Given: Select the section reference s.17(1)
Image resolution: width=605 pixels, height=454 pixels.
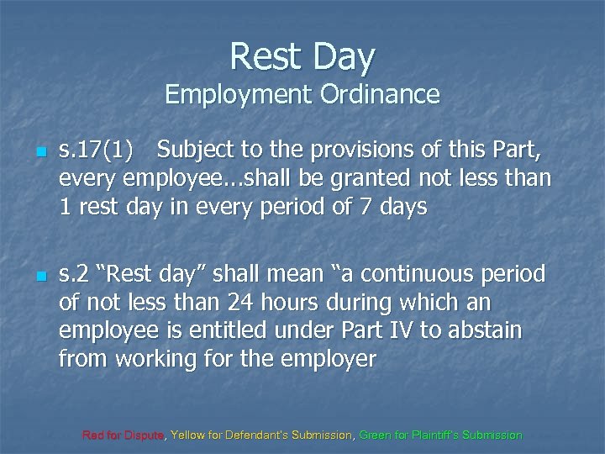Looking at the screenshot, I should [x=97, y=152].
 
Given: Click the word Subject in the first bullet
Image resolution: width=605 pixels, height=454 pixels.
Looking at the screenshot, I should [x=199, y=152].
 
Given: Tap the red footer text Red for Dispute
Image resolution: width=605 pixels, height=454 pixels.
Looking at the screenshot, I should [x=124, y=436].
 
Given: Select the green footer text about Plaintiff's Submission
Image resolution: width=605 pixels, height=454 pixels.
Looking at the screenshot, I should [x=440, y=436].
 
